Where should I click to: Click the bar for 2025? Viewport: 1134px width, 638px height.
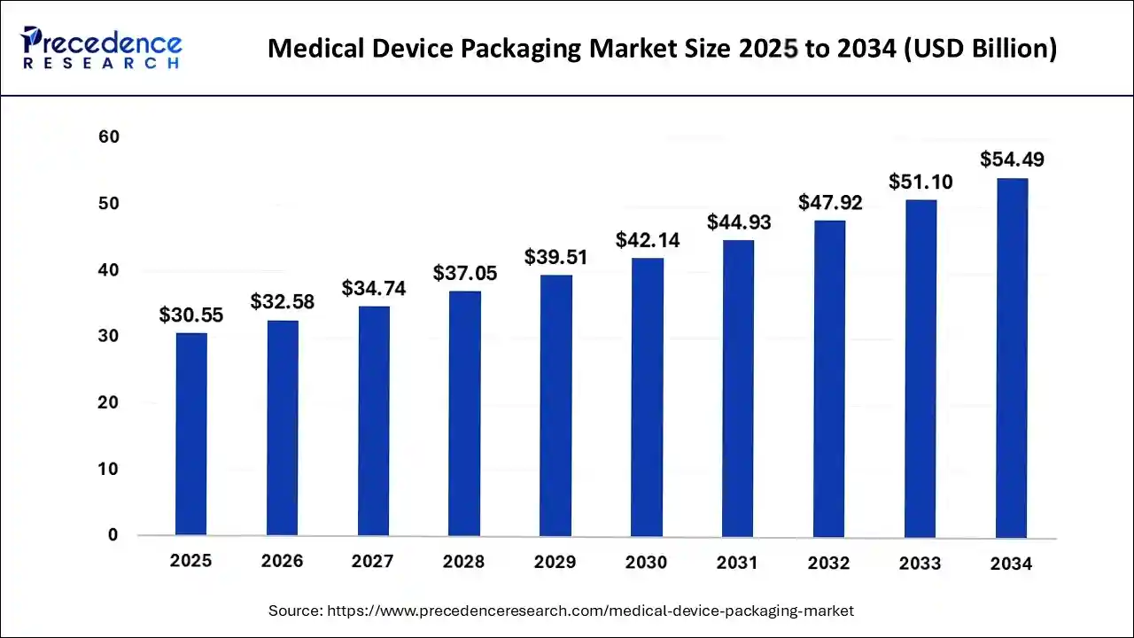coord(191,434)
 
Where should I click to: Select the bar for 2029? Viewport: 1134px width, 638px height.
coord(556,405)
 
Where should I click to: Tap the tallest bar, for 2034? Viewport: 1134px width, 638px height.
coord(1012,357)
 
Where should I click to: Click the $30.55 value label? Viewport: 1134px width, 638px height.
coord(191,315)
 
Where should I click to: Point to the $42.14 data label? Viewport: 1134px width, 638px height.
coord(648,239)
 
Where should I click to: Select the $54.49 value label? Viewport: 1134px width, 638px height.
coord(1012,159)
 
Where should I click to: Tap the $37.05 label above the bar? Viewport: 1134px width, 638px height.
coord(465,273)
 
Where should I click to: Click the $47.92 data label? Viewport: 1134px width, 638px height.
coord(830,202)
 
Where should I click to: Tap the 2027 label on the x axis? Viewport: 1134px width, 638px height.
coord(374,562)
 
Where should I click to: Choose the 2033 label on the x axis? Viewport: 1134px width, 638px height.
coord(920,564)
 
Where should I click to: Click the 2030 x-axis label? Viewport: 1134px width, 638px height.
coord(648,562)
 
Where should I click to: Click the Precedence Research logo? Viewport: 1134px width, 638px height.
coord(102,48)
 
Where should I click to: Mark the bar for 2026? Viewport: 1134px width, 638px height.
coord(283,428)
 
